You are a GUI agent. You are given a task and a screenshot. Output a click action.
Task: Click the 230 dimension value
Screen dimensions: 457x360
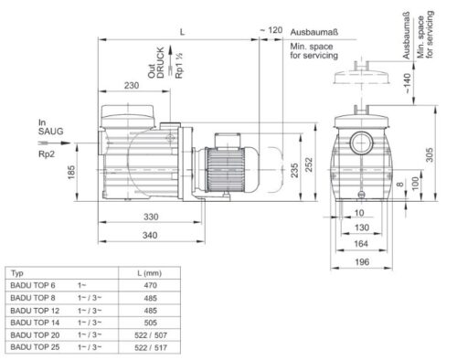coord(132,85)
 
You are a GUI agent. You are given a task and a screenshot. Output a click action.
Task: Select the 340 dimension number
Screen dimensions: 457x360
coord(150,235)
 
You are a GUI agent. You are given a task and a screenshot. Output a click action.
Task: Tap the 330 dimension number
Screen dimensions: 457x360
coord(151,217)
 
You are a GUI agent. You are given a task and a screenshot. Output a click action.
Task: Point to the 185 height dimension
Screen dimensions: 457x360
coord(71,173)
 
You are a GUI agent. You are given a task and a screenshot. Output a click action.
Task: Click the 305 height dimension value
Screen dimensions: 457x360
coord(430,154)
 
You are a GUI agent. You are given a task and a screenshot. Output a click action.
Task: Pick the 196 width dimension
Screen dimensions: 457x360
coord(362,262)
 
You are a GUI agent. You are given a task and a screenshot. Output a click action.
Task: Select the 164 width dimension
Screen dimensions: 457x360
coord(361,244)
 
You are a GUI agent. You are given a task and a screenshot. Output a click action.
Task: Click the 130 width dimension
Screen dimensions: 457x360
coord(362,228)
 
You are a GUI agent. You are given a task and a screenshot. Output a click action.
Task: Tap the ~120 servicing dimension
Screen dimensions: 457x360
coord(271,30)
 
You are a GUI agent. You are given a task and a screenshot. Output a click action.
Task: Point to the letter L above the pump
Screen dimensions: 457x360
coord(182,32)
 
